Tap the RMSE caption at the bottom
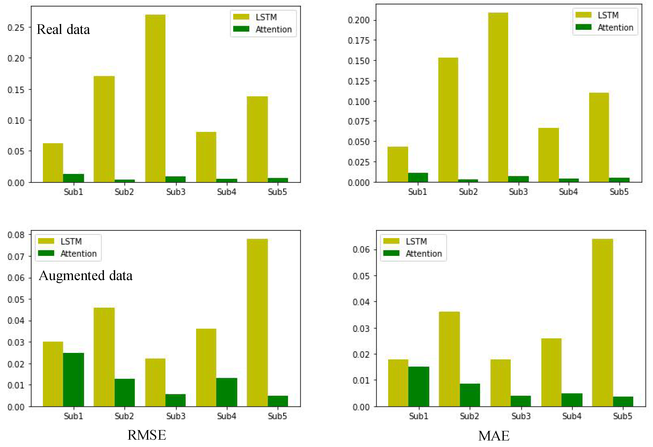pos(147,435)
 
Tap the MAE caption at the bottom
pos(494,436)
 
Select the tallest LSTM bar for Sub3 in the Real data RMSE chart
pos(155,98)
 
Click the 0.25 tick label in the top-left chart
pos(16,28)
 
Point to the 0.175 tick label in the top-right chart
pos(358,40)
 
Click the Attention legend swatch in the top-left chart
pos(241,29)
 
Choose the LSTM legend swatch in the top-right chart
pos(583,15)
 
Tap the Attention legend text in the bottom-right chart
pos(424,254)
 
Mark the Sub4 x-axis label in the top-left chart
pos(226,192)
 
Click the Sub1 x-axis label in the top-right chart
pos(418,192)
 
